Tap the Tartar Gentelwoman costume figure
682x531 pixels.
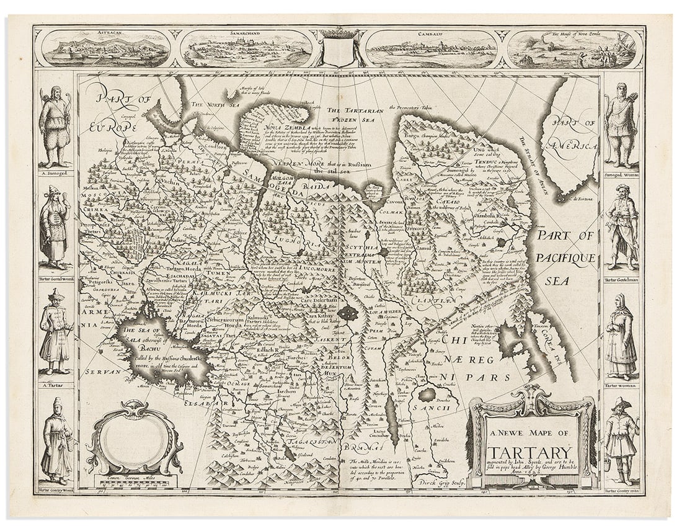tap(54, 226)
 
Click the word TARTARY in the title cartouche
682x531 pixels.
tap(530, 453)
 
